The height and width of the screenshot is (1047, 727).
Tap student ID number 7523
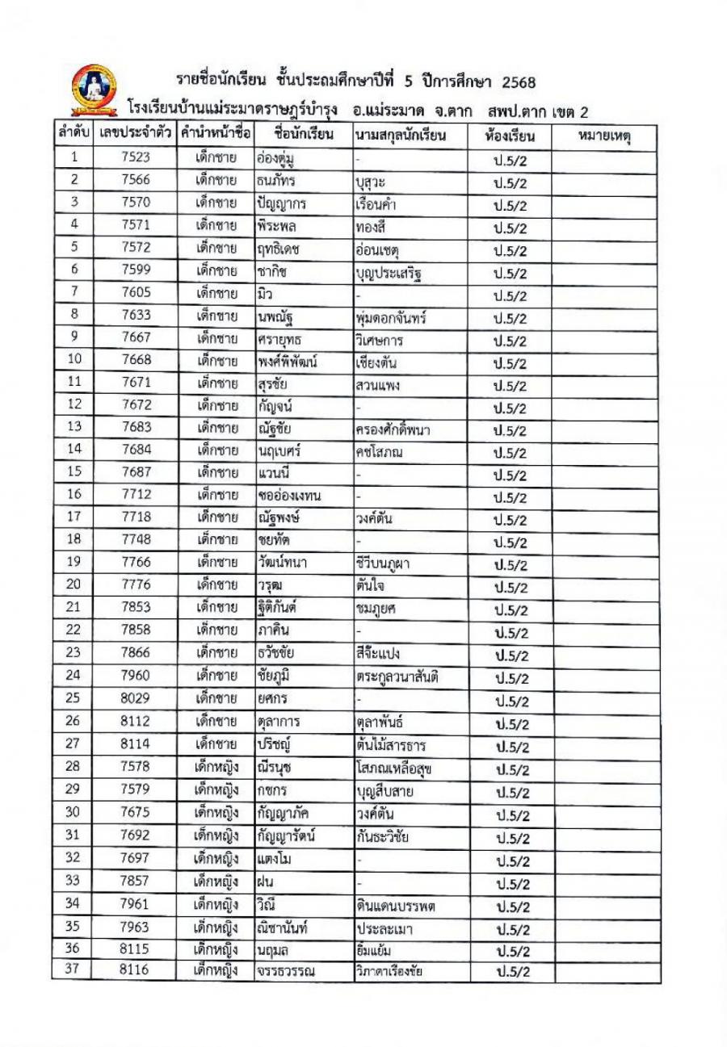point(135,158)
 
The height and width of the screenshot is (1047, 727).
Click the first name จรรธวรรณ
point(286,971)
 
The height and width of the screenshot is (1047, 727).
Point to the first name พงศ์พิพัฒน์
point(287,362)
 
